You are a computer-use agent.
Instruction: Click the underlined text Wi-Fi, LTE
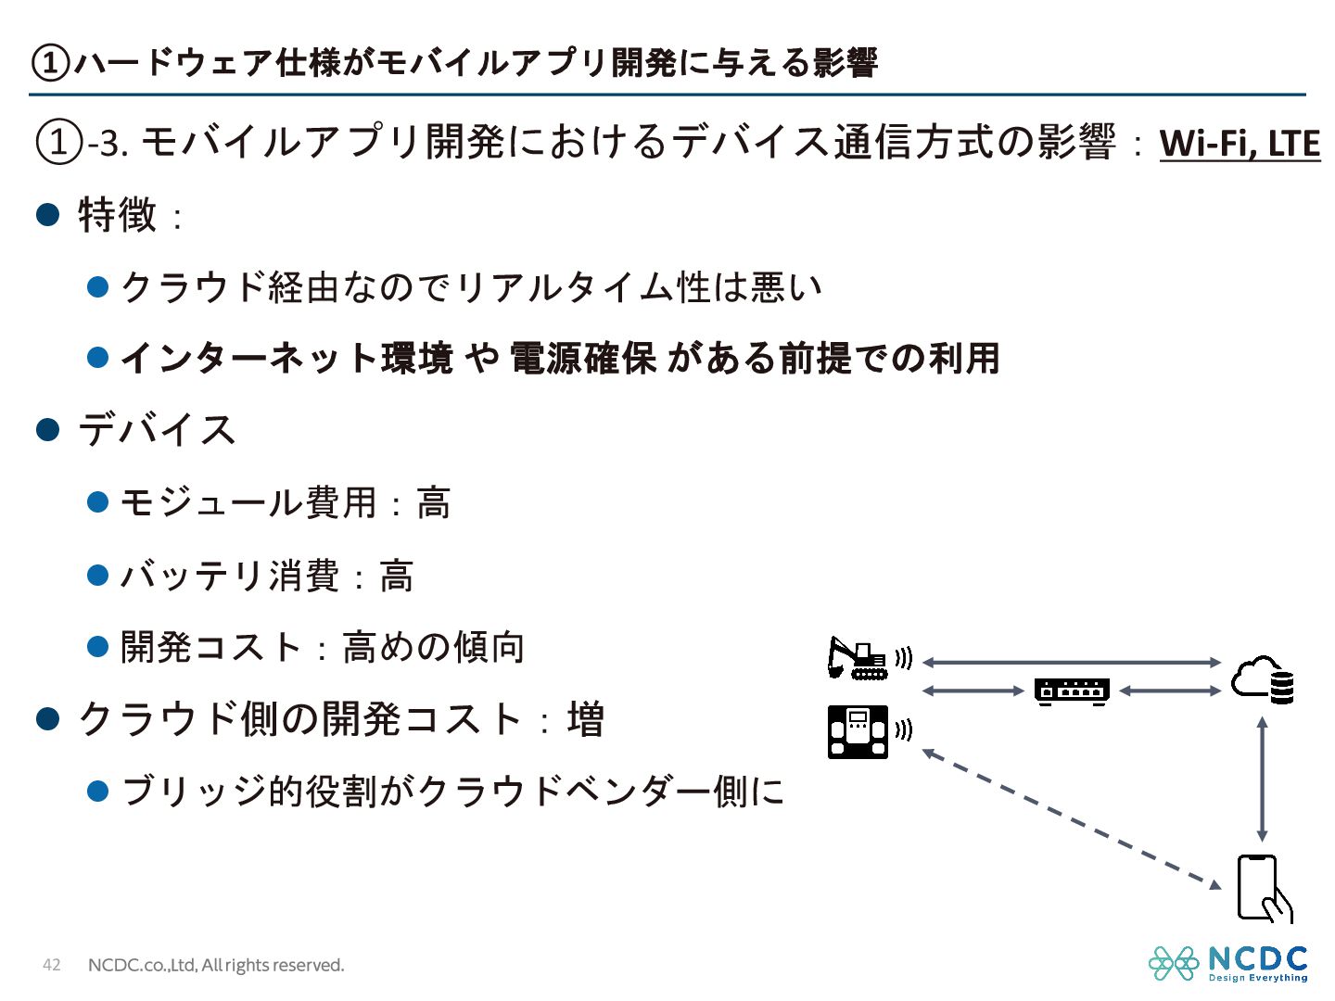tap(1239, 144)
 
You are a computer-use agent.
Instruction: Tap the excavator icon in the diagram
tap(856, 659)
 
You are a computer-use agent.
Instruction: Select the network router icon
tap(1072, 691)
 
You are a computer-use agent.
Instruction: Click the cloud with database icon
tap(1262, 680)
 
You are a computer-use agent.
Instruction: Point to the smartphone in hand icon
tap(1263, 889)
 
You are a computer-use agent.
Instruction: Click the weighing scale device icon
tap(858, 732)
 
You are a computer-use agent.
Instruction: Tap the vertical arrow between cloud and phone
tap(1262, 779)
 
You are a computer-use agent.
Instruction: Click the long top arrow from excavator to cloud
tap(1072, 662)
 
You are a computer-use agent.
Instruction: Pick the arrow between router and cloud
tap(1170, 691)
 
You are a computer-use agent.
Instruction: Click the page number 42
tap(52, 965)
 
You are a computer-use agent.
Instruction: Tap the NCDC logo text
tap(1258, 958)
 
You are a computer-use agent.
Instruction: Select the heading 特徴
tap(118, 215)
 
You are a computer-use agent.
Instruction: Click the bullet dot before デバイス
tap(47, 430)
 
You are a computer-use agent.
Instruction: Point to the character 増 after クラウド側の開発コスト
tap(586, 719)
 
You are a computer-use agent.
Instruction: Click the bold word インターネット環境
tap(286, 358)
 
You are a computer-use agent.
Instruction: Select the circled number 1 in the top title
tap(50, 63)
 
